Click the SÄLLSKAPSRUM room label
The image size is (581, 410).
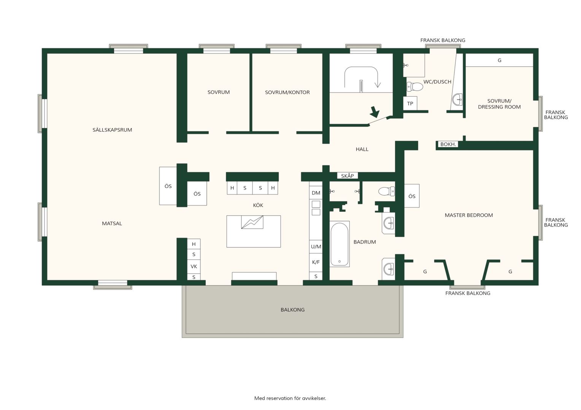pos(112,130)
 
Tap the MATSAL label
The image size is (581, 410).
pos(112,223)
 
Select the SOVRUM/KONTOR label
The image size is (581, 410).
pos(287,92)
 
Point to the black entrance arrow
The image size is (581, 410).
pos(375,112)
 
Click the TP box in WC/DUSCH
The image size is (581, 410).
pos(410,103)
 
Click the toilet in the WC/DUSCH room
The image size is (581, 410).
pos(415,87)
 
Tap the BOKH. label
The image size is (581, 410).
pos(448,144)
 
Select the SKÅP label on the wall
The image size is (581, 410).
pos(347,176)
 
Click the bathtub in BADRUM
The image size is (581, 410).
pos(340,244)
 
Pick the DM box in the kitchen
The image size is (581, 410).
pos(316,193)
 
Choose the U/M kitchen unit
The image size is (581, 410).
pos(316,247)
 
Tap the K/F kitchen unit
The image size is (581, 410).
pos(316,262)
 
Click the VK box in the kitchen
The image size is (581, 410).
pos(194,266)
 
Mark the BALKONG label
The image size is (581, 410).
pos(292,310)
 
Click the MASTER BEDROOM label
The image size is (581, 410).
pos(469,215)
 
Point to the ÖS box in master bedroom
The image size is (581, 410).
pos(412,196)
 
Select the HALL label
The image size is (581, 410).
pos(362,149)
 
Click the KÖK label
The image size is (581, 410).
pos(258,205)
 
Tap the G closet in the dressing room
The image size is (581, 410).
pos(499,60)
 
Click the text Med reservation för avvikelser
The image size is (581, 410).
pos(290,398)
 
